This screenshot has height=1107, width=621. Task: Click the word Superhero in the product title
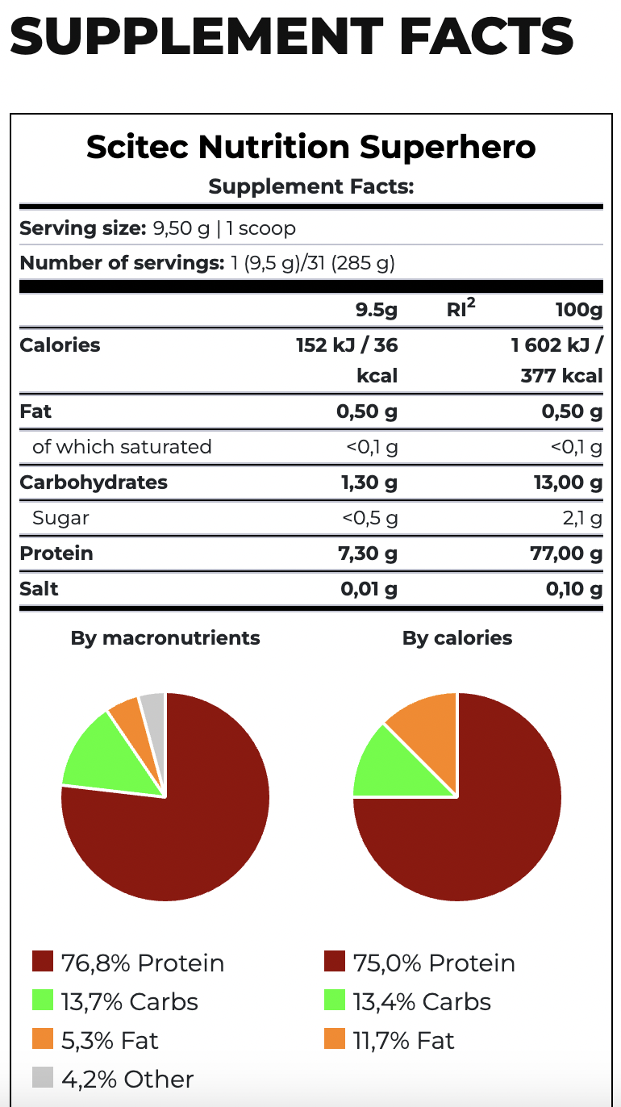point(448,148)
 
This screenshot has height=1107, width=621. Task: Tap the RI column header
point(460,310)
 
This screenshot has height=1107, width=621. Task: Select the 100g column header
point(579,310)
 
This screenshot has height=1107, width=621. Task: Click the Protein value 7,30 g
point(369,553)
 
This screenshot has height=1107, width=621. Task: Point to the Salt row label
point(39,589)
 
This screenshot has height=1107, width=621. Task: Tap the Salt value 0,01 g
point(369,589)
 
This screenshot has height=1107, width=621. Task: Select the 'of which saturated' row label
point(122,447)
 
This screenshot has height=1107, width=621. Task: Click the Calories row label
point(60,345)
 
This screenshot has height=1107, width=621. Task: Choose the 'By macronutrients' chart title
point(165,638)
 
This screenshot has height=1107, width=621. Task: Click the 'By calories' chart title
point(457,638)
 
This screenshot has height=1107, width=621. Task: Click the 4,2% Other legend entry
point(113,1079)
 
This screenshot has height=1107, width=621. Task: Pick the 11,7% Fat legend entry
point(390,1040)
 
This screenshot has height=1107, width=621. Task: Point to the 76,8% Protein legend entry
point(128,963)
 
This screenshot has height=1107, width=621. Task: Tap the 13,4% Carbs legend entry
point(407,1001)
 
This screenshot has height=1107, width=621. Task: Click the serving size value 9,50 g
point(181,228)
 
